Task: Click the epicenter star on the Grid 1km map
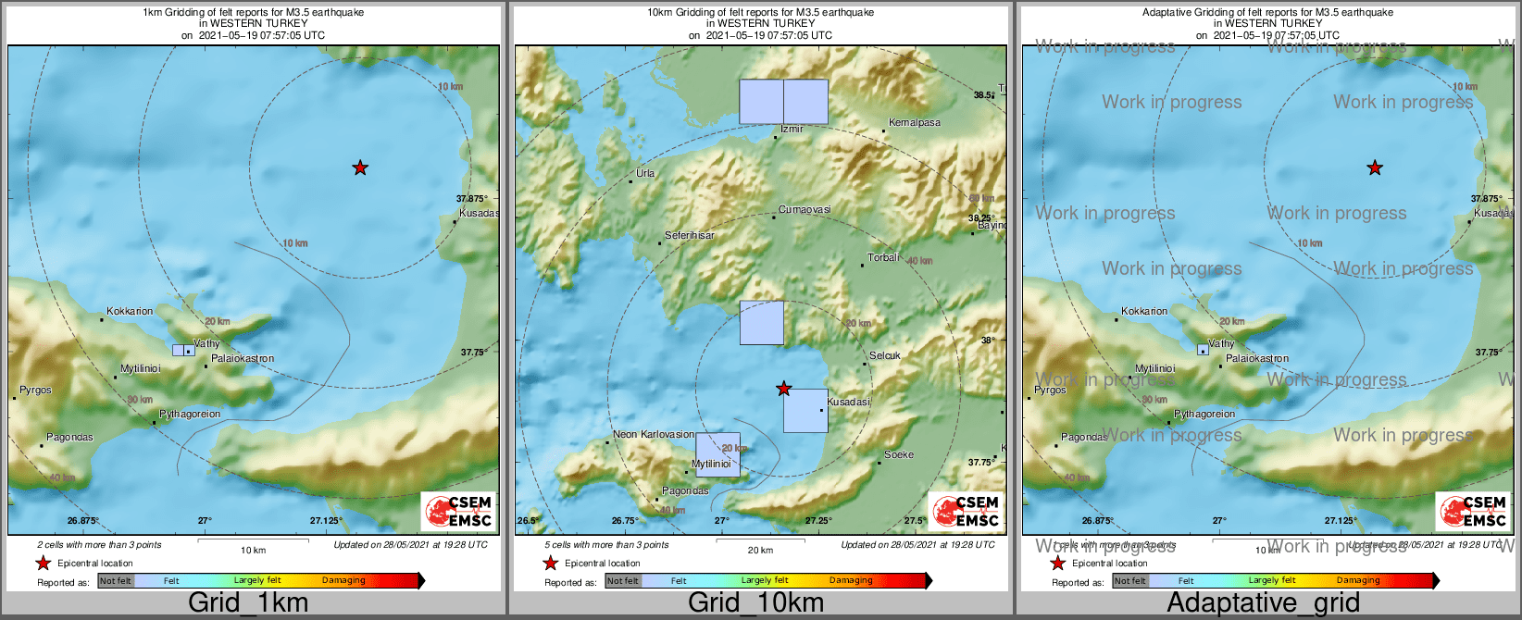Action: point(360,167)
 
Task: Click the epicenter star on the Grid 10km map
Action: point(784,389)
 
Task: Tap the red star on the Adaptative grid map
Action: point(1375,167)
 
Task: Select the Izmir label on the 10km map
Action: point(792,129)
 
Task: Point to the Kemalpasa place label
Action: point(914,122)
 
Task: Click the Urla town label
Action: point(645,173)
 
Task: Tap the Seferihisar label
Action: point(690,235)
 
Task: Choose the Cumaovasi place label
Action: point(805,210)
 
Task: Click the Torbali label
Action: point(883,257)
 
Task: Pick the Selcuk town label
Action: point(885,355)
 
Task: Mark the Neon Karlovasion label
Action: point(654,434)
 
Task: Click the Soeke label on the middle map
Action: point(899,454)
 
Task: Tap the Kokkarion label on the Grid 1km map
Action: point(130,311)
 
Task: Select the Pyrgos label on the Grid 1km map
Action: point(36,390)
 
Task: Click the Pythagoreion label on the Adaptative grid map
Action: point(1204,414)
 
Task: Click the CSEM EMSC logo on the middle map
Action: point(966,511)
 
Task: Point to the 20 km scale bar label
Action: point(760,550)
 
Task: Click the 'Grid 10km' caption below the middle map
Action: point(755,603)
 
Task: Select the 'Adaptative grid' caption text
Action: point(1263,603)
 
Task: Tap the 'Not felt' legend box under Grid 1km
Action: point(116,580)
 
